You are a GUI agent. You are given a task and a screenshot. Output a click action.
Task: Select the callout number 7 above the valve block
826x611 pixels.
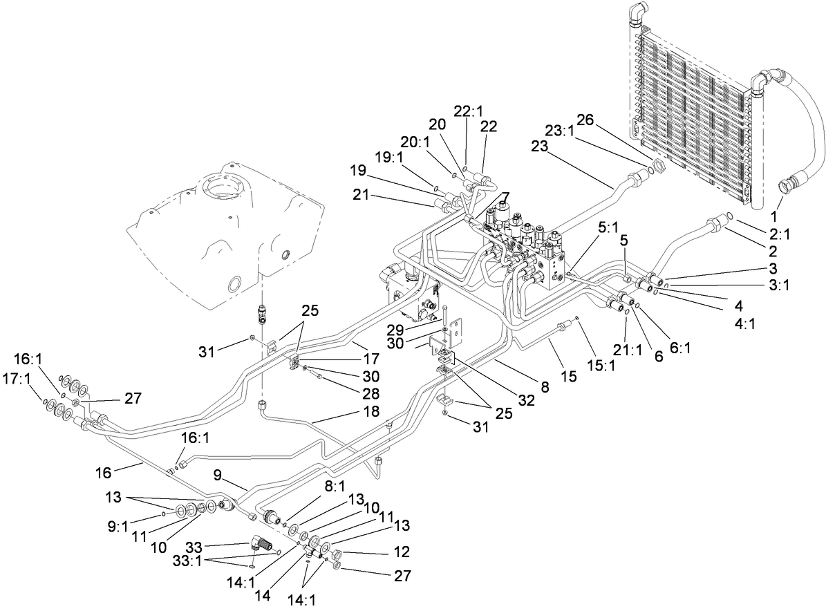point(506,197)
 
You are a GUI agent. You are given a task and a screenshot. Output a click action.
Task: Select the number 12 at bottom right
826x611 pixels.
point(402,552)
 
